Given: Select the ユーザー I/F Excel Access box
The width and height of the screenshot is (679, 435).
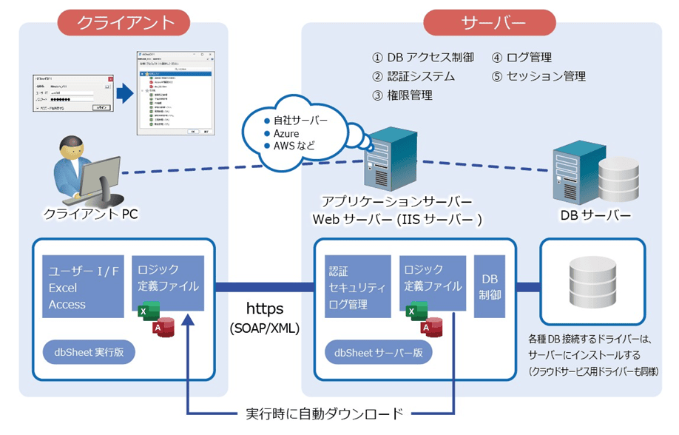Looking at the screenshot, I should [x=83, y=287].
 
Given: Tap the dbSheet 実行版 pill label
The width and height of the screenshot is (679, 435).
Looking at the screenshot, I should [x=89, y=352].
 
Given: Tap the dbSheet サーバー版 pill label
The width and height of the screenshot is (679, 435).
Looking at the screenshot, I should [x=379, y=352].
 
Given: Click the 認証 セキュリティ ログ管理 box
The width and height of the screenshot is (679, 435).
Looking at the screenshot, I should [x=357, y=287].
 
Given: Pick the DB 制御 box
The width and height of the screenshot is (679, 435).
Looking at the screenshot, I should [x=490, y=287].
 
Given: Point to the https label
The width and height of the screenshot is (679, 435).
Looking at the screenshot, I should [x=265, y=308].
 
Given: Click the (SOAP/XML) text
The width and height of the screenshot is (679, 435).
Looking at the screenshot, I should [x=265, y=328].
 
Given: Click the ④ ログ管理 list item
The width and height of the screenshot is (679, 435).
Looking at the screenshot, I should [x=522, y=57].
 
